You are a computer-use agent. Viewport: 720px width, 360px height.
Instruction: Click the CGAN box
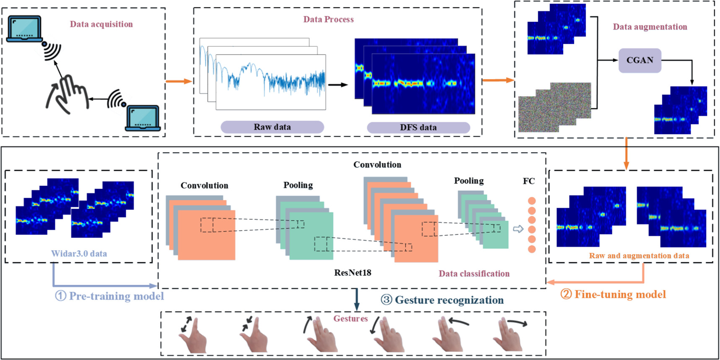point(639,60)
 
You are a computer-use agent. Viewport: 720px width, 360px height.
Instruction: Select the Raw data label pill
point(272,127)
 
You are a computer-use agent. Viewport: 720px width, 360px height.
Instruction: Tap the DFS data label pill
point(418,128)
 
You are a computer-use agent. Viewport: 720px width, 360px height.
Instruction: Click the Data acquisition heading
point(101,24)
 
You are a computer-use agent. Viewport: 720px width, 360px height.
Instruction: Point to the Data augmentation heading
point(650,27)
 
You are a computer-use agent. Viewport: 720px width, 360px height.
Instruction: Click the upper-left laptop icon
point(24,29)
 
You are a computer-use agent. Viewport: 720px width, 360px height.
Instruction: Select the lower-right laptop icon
point(143,118)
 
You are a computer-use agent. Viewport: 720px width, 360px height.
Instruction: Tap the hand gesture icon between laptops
point(67,94)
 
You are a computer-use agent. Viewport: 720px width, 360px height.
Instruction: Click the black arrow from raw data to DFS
point(338,85)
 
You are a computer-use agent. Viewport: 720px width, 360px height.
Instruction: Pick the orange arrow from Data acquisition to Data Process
point(179,81)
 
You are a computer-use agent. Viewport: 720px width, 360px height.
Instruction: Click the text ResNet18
point(353,273)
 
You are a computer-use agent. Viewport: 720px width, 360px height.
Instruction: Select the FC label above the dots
point(529,181)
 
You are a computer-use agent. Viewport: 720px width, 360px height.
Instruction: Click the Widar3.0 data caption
point(79,253)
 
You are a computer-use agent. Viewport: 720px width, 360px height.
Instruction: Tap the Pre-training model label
point(110,296)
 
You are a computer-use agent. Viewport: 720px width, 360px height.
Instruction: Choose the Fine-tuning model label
point(613,295)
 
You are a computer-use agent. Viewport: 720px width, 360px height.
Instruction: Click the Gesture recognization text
point(442,300)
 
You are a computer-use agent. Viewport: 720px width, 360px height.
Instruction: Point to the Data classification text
point(474,274)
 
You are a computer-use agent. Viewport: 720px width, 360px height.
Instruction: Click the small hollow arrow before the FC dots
point(518,229)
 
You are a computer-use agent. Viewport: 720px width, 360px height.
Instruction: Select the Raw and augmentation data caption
point(639,256)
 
